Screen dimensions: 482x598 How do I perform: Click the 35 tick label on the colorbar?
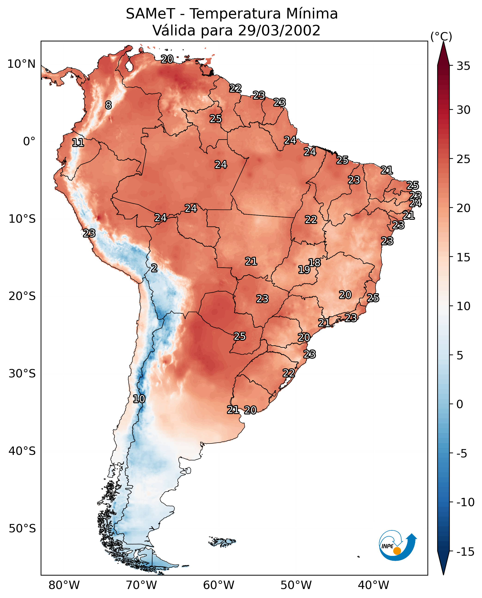(x=463, y=66)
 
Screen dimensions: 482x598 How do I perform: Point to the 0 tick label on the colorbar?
(x=460, y=404)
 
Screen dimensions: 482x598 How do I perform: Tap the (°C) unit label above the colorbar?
(x=441, y=36)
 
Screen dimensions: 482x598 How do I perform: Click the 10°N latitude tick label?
(x=21, y=64)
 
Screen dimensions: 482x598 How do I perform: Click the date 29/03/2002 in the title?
(x=279, y=30)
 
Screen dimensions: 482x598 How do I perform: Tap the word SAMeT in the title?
(x=150, y=14)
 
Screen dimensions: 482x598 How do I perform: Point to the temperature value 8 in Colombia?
(x=108, y=105)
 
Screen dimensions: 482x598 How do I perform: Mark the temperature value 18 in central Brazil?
(x=314, y=263)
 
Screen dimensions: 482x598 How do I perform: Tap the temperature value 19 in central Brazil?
(x=304, y=270)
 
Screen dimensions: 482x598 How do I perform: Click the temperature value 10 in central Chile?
(x=139, y=399)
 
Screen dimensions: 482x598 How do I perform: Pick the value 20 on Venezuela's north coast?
(x=167, y=59)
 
